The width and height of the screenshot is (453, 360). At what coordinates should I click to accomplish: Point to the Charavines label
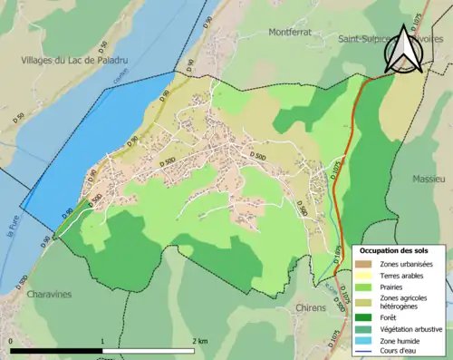[x=43, y=295]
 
